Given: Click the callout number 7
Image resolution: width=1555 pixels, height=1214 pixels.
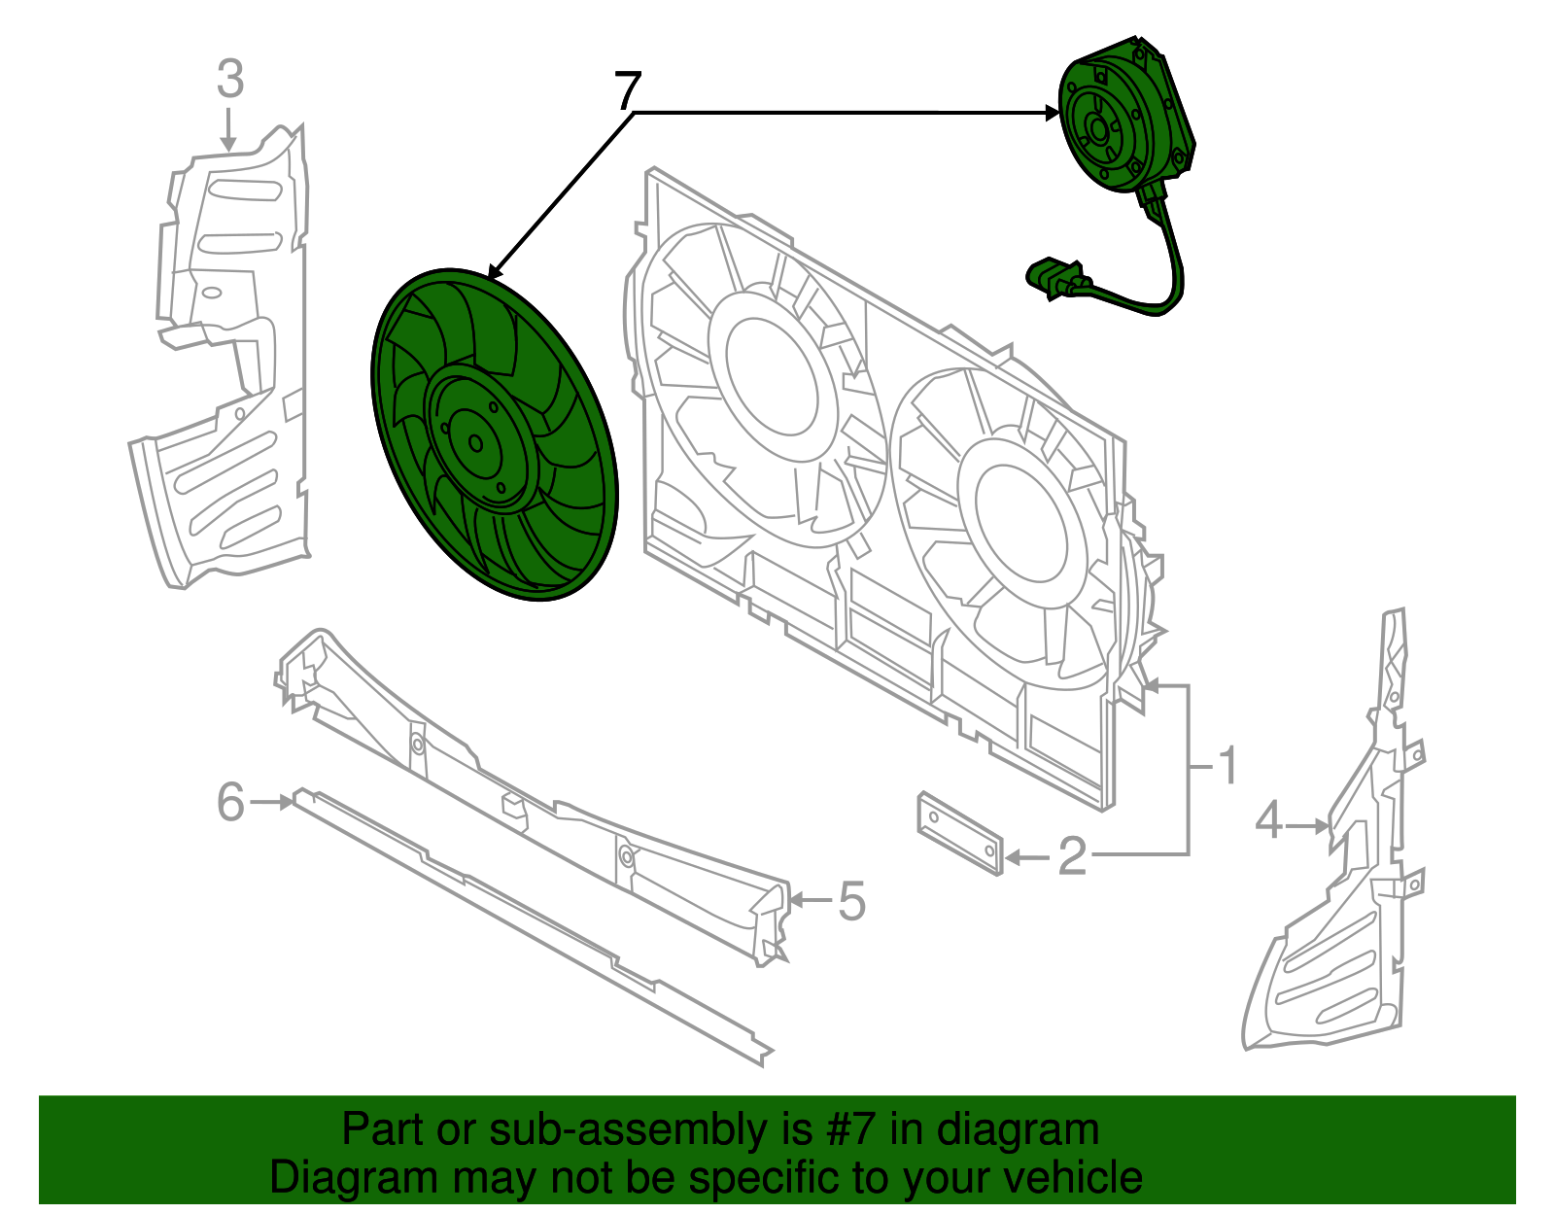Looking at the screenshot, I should tap(628, 91).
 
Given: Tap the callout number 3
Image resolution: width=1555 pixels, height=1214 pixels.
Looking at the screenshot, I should tap(229, 79).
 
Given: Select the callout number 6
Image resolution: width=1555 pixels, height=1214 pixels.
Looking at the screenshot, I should tap(231, 803).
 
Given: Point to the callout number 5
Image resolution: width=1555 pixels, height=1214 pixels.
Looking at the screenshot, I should tap(851, 901).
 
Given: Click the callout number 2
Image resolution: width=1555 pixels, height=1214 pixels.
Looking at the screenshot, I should tap(1071, 856).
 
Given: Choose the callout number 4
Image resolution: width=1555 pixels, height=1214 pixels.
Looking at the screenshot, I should tap(1268, 821).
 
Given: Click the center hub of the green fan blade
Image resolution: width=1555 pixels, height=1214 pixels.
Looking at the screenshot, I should tap(475, 443).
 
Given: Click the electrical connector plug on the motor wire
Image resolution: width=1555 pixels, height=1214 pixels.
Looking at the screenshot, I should tap(1052, 277).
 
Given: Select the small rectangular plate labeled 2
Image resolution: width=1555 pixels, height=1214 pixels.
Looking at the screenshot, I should tap(959, 834).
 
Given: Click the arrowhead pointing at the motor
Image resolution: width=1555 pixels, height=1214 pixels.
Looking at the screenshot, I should tap(1052, 113).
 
